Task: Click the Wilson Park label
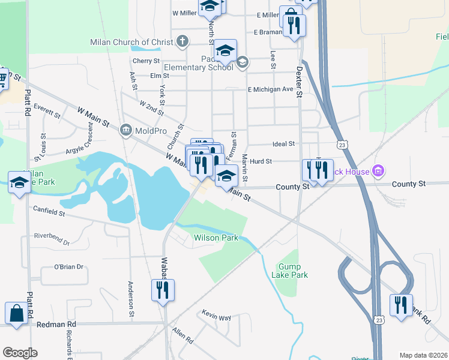click(215, 238)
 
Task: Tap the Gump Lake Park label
click(293, 271)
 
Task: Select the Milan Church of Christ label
click(132, 42)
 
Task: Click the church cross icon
click(183, 41)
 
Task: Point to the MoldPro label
click(151, 130)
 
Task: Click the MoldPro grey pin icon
click(125, 130)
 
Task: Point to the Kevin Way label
click(217, 316)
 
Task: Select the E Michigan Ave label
click(270, 89)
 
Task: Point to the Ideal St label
click(283, 144)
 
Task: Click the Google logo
click(20, 353)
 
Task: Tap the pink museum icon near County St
click(378, 172)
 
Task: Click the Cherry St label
click(146, 61)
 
